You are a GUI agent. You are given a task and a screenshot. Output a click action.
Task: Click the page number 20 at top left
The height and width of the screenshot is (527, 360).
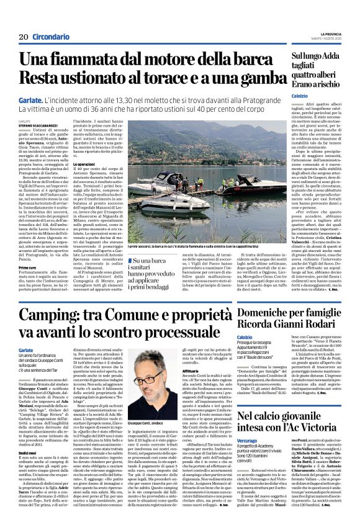coord(23,37)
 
